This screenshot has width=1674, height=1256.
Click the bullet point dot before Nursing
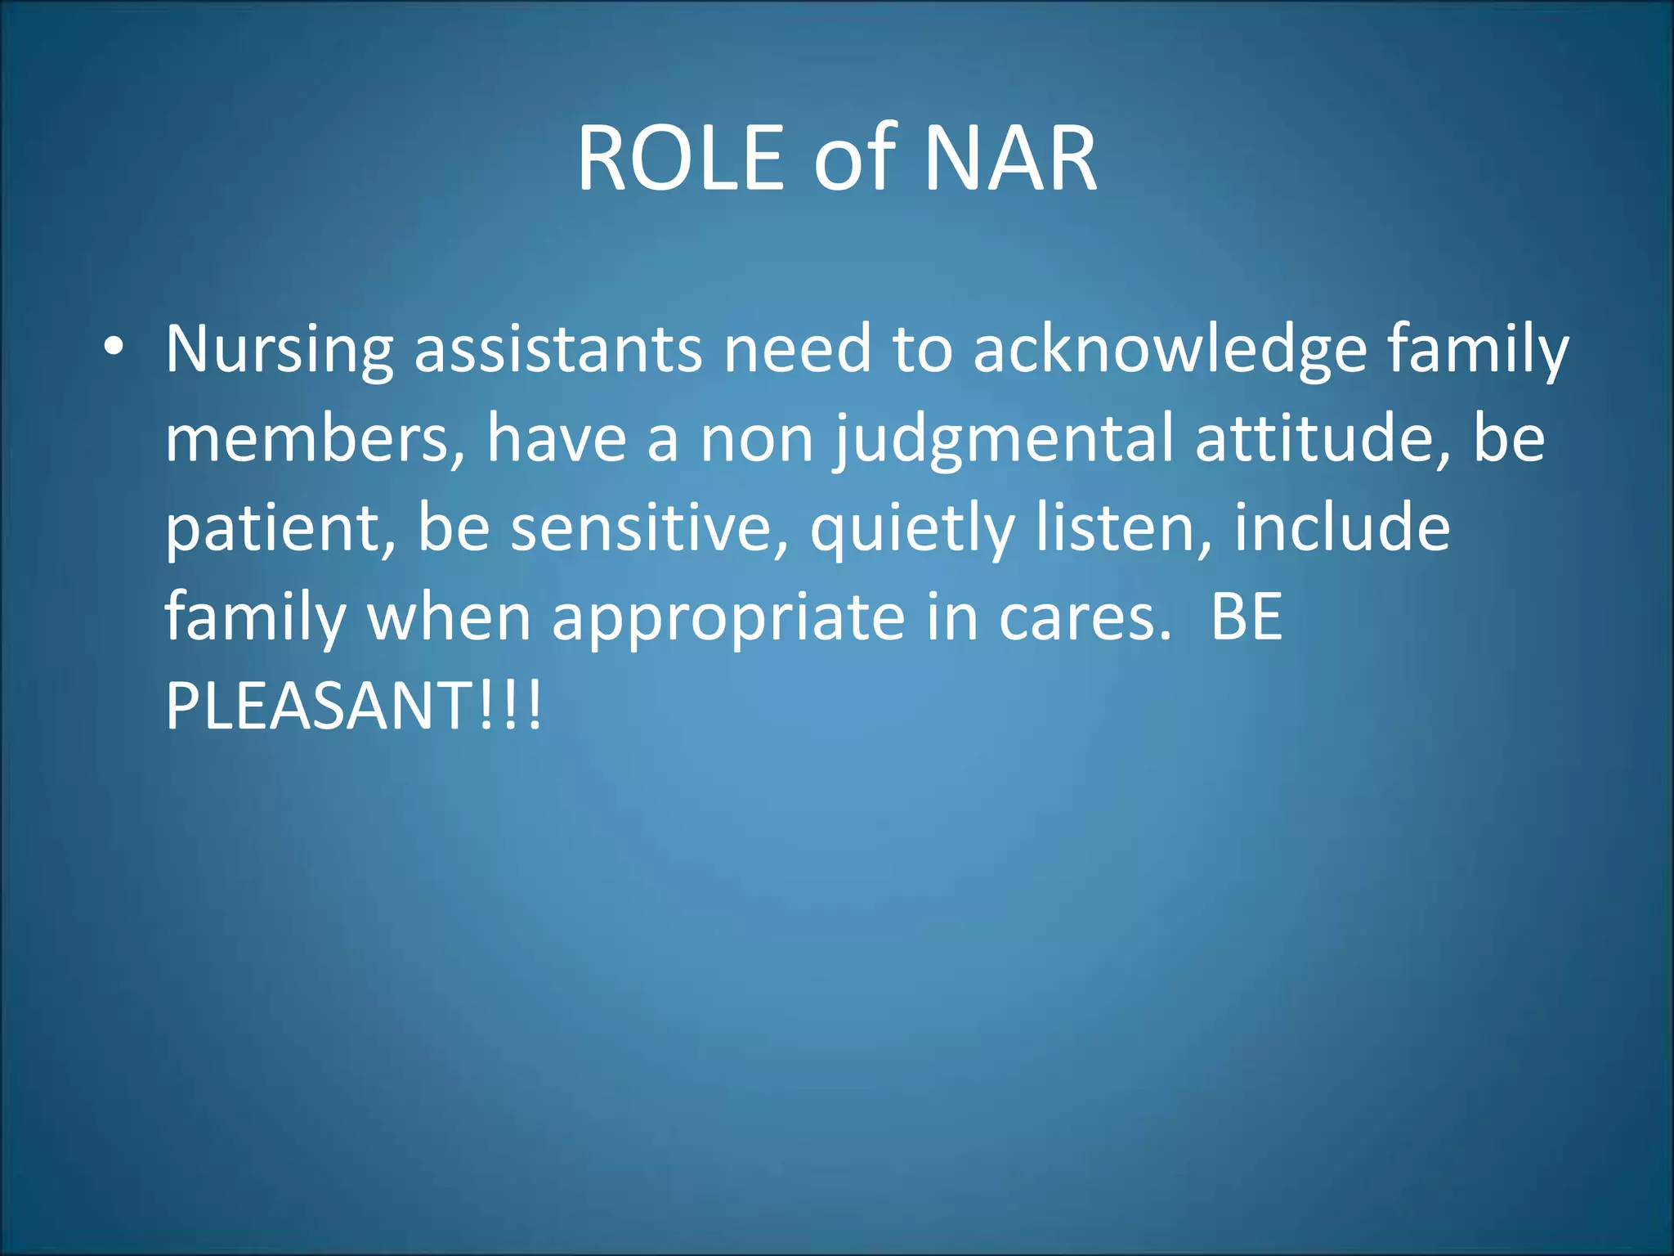[114, 347]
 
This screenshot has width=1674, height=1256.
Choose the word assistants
[558, 350]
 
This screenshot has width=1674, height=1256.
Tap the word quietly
[912, 530]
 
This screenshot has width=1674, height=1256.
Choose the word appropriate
[728, 619]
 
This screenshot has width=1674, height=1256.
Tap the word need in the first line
[798, 350]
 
